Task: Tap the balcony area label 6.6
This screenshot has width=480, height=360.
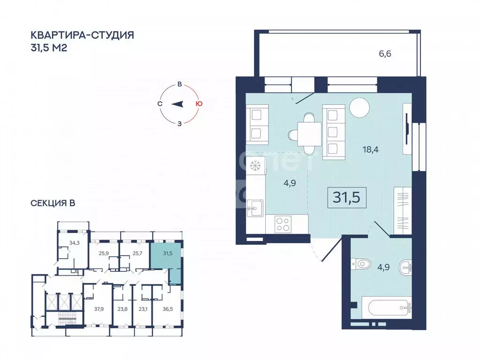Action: tap(385, 54)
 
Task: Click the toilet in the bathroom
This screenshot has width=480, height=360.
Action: tap(361, 266)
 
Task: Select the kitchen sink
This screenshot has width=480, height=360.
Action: tap(255, 207)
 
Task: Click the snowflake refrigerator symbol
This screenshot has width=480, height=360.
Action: tap(255, 165)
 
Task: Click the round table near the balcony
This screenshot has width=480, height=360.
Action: tap(360, 107)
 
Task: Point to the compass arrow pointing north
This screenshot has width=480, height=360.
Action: tap(177, 104)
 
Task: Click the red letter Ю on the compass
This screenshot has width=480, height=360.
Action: tap(199, 104)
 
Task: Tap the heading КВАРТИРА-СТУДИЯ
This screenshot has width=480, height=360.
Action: tap(82, 35)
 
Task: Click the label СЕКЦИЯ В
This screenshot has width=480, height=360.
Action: tap(53, 203)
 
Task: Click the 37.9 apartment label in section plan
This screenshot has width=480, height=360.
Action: tap(98, 309)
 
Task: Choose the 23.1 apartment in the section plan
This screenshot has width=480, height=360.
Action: tap(143, 309)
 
